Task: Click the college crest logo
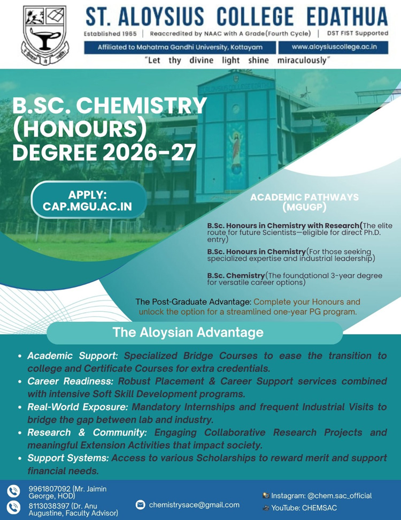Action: coord(44,35)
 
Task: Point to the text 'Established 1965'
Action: coord(110,34)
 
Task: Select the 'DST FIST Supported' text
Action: coord(357,34)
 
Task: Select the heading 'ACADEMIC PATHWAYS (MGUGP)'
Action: coord(304,202)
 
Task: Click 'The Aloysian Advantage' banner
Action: coord(188,333)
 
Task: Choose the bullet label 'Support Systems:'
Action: coord(68,458)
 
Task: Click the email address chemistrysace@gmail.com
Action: coord(194,504)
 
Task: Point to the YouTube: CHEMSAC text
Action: coord(304,508)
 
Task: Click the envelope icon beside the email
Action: coord(141,504)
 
